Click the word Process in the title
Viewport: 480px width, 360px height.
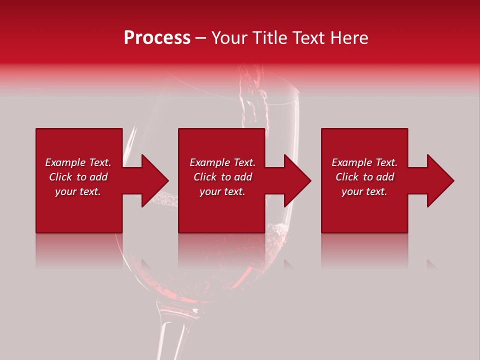157,38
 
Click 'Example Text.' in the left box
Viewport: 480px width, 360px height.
78,162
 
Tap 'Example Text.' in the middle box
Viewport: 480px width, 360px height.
222,162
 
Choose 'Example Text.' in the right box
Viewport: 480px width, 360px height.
364,162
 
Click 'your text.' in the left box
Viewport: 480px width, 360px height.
78,191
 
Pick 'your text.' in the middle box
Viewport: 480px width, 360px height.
222,191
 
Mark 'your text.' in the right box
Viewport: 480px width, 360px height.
364,191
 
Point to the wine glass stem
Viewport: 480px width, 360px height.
170,330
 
